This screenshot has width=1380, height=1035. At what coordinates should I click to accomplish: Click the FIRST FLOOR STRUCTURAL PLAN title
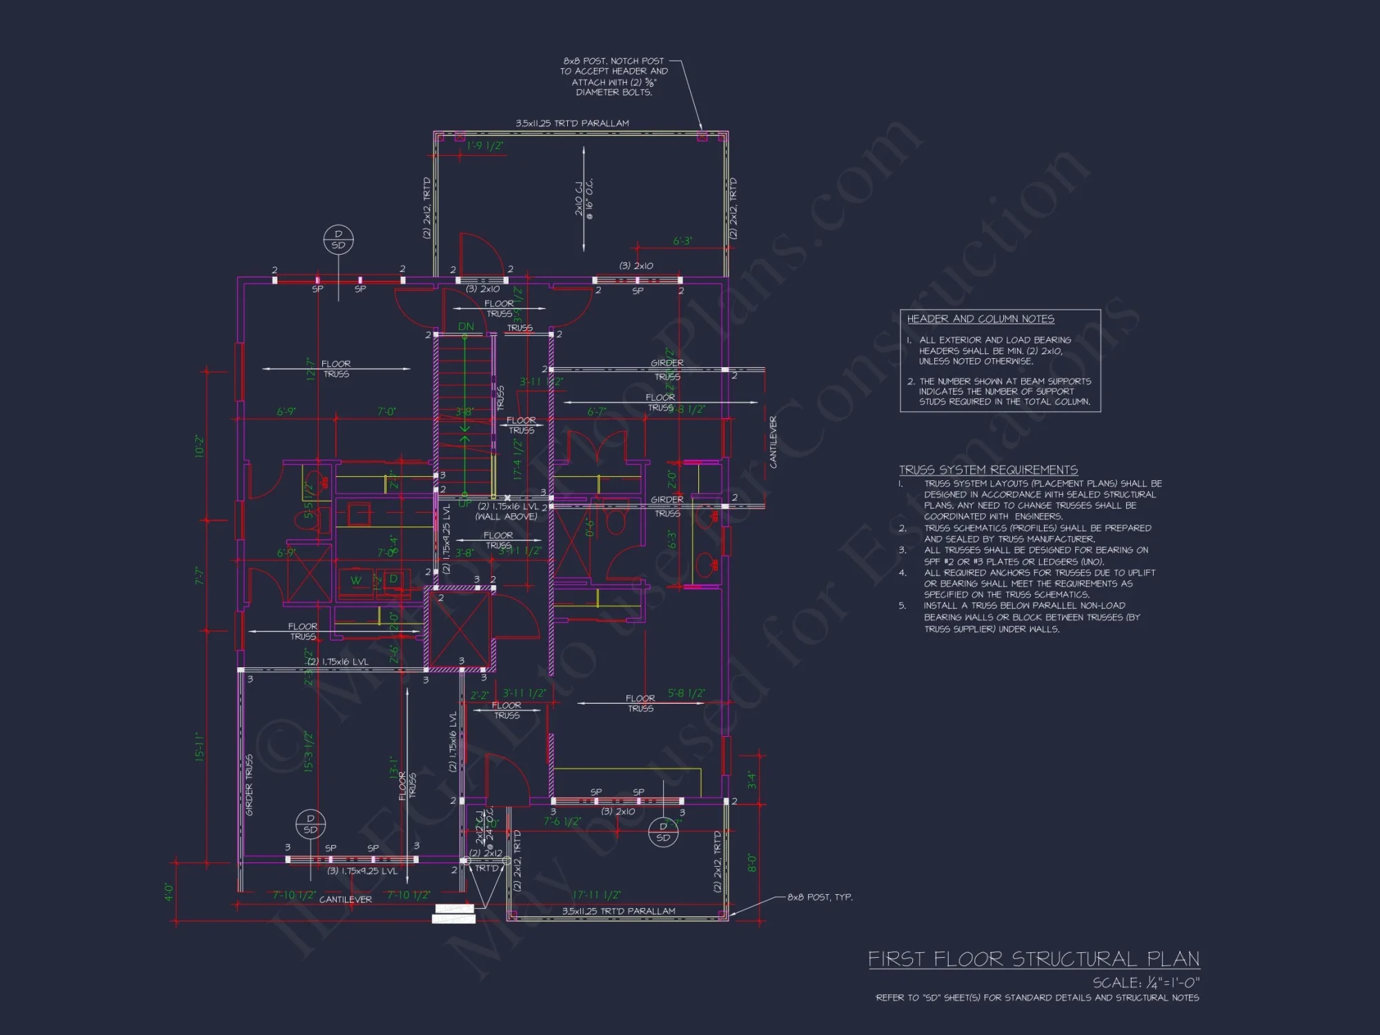(x=1033, y=959)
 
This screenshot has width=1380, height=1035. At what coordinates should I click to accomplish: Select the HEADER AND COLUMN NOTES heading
(x=980, y=319)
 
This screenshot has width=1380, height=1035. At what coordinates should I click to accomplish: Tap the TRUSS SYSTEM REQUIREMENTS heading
(x=988, y=469)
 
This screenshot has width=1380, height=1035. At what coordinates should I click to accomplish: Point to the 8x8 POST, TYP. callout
(x=820, y=897)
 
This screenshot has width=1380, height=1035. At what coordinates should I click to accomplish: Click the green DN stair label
(x=466, y=326)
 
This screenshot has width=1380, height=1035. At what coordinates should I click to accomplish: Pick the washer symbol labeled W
(x=356, y=580)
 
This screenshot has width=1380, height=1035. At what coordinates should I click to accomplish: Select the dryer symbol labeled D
(x=393, y=579)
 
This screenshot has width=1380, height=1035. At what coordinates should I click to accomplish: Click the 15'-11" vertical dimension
(x=200, y=747)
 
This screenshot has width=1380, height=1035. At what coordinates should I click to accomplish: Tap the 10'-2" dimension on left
(x=200, y=446)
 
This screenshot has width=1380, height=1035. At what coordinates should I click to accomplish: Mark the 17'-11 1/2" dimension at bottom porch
(x=596, y=895)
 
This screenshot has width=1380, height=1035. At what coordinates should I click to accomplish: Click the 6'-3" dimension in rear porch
(x=682, y=241)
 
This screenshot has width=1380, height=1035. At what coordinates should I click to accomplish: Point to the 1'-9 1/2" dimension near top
(x=484, y=146)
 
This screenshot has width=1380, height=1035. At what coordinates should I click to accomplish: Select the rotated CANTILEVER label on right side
(x=773, y=442)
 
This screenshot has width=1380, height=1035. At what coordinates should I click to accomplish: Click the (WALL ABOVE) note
(x=506, y=516)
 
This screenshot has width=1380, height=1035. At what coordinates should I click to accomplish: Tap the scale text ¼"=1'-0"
(x=1146, y=982)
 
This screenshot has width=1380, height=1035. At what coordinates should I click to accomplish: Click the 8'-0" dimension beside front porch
(x=752, y=863)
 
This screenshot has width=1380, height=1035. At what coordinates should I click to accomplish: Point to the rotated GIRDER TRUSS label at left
(x=249, y=785)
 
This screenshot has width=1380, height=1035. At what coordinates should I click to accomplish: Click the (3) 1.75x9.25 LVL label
(x=362, y=871)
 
